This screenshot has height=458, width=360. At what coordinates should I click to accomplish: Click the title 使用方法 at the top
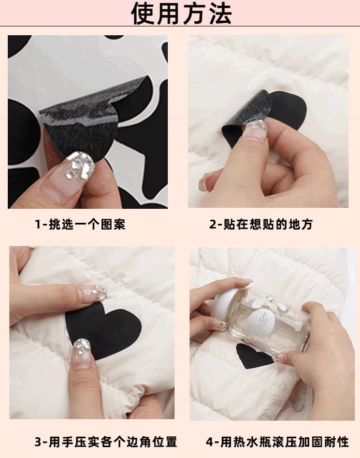pyautogui.click(x=181, y=13)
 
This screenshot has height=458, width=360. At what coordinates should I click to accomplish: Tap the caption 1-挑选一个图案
pyautogui.click(x=80, y=224)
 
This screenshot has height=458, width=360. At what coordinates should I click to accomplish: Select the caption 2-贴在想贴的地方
pyautogui.click(x=261, y=224)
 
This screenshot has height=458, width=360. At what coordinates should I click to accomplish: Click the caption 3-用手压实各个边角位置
pyautogui.click(x=106, y=441)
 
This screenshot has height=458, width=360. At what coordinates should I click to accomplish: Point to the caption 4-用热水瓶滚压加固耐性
pyautogui.click(x=277, y=441)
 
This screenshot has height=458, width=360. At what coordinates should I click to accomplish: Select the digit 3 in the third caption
pyautogui.click(x=38, y=442)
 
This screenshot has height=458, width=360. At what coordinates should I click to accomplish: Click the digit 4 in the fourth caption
pyautogui.click(x=210, y=442)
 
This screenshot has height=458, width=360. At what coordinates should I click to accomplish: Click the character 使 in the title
pyautogui.click(x=142, y=13)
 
